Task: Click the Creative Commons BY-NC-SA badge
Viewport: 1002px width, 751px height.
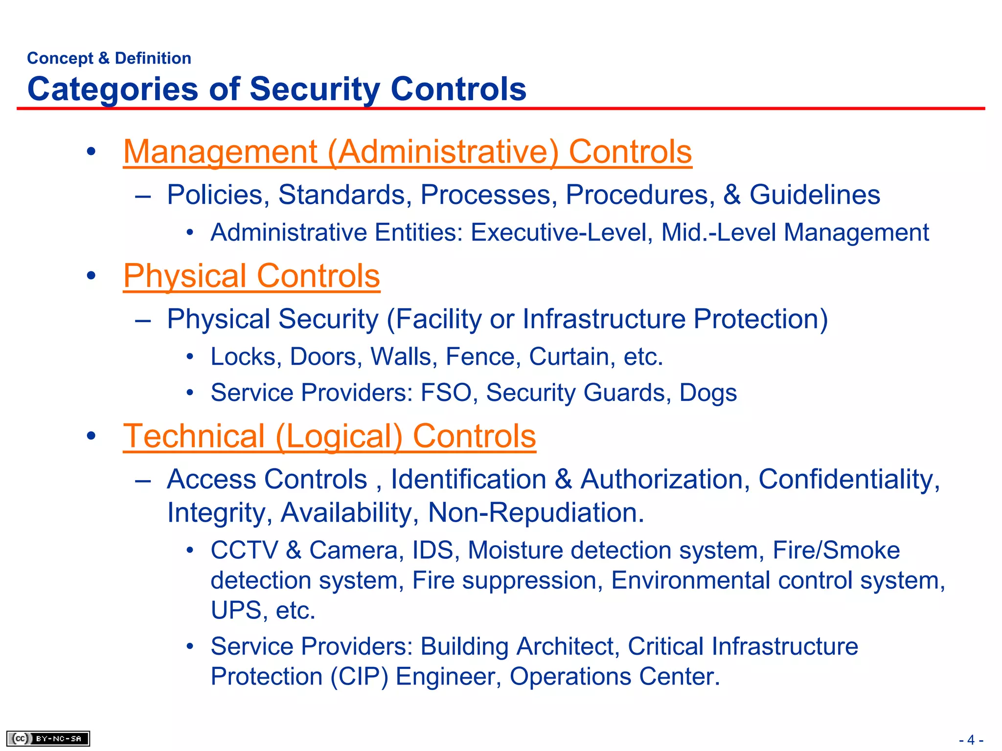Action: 48,738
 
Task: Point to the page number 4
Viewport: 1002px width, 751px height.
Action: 971,740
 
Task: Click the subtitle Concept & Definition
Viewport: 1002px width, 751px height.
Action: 109,58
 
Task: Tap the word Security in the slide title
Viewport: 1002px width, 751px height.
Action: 315,89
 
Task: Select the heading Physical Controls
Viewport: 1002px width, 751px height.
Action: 251,276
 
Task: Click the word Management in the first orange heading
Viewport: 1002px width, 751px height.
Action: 220,152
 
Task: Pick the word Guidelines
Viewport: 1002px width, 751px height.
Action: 815,195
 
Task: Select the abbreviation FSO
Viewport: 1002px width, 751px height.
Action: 446,393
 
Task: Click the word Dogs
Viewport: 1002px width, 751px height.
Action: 708,393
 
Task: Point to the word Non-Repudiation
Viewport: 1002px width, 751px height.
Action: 536,513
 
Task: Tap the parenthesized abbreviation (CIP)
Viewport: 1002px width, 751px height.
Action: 359,677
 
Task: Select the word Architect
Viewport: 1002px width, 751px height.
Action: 568,646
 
